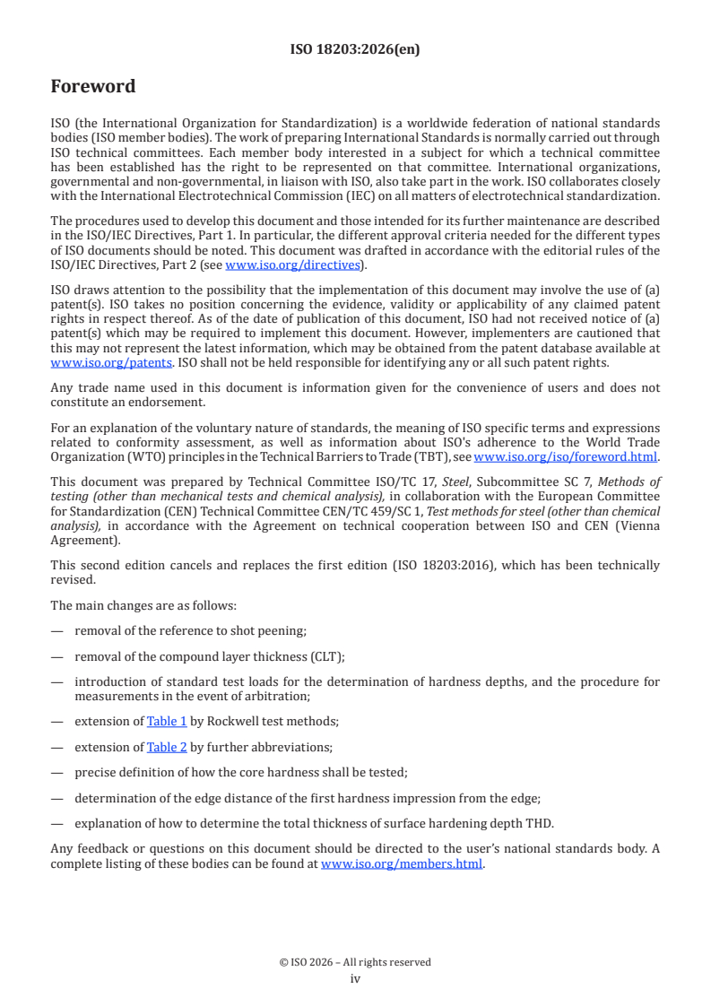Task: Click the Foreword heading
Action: [93, 87]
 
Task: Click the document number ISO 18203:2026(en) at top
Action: [355, 50]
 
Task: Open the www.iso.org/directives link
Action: [292, 265]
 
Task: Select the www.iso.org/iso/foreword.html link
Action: [566, 455]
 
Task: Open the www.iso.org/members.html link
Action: [402, 864]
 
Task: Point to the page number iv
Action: [355, 979]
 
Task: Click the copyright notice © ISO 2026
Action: [355, 962]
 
